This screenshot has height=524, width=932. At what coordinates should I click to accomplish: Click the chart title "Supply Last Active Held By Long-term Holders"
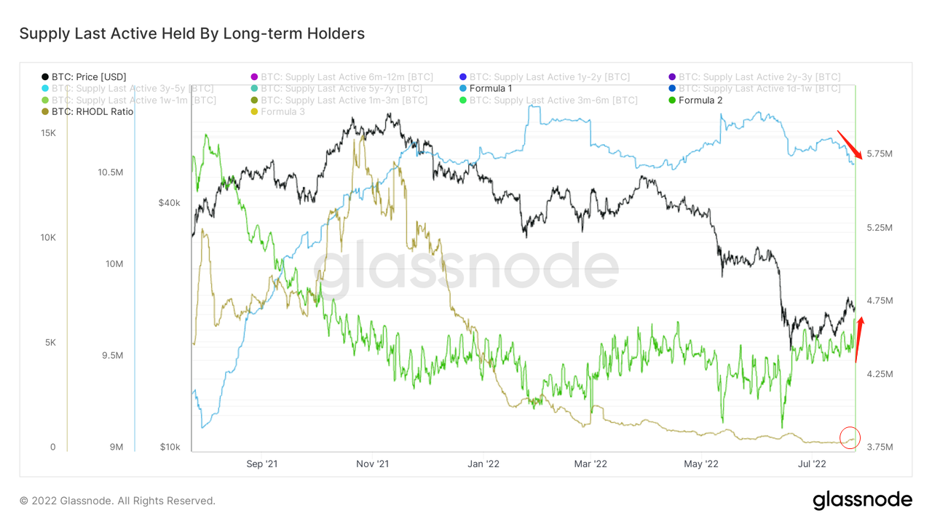point(191,33)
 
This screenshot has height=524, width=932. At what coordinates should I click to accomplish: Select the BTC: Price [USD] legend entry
point(84,76)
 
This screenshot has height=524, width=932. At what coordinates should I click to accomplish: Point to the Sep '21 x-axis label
point(262,463)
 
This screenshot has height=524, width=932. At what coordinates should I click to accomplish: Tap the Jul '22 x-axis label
point(811,463)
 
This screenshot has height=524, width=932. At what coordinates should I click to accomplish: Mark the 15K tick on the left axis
point(48,133)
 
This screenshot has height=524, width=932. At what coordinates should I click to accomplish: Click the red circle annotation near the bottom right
point(850,437)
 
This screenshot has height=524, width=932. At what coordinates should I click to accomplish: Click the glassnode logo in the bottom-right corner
point(862,500)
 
